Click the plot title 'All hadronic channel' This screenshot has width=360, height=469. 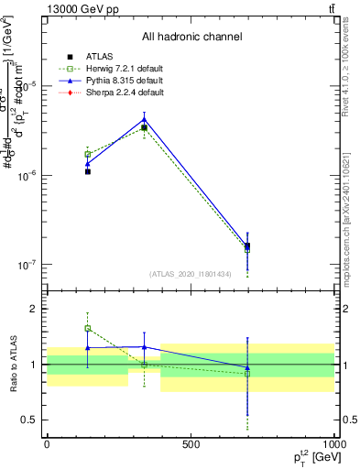pos(191,38)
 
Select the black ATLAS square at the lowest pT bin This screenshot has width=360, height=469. pos(88,171)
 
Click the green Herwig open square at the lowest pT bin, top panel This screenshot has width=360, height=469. pos(88,154)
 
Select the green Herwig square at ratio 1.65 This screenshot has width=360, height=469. pos(88,328)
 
